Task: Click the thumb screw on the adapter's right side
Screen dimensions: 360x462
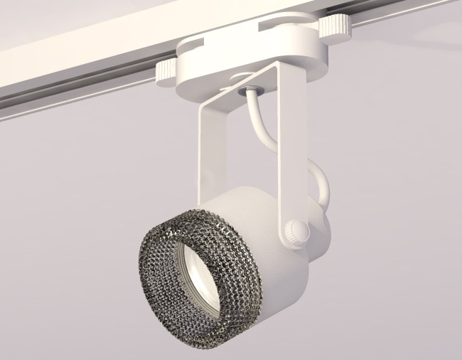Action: click(x=333, y=26)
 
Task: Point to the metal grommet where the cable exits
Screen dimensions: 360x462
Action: click(x=252, y=89)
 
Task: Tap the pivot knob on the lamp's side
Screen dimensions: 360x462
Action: click(x=295, y=230)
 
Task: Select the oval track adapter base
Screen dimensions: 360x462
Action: click(x=235, y=60)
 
